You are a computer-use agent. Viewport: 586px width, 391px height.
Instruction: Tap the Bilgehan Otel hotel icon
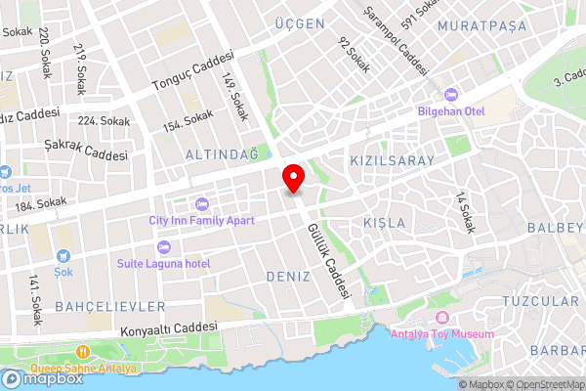(x=450, y=95)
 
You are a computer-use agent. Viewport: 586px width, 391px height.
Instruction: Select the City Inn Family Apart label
(x=201, y=219)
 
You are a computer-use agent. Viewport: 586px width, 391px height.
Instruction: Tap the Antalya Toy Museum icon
(x=440, y=318)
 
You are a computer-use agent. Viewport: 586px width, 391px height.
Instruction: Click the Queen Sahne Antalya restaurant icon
(x=83, y=352)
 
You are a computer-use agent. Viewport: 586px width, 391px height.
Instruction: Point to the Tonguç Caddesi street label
(x=193, y=71)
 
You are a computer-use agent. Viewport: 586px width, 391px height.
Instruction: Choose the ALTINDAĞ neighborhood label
(x=221, y=154)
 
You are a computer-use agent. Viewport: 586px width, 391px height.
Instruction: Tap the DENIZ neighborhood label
(x=288, y=278)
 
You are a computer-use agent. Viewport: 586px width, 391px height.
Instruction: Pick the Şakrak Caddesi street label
(x=86, y=149)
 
